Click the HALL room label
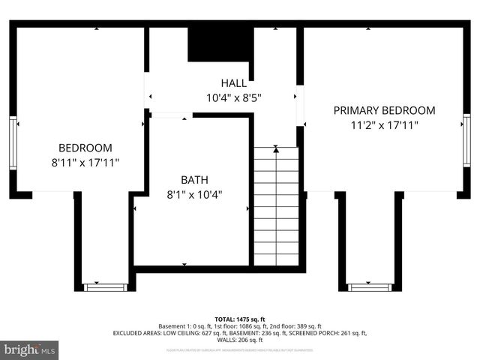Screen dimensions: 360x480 tap(234, 83)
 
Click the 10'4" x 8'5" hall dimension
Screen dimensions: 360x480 tap(234, 97)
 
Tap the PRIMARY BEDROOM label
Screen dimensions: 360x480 tap(384, 110)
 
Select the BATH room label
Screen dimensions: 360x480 tap(194, 180)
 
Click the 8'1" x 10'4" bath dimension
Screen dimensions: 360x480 tap(194, 194)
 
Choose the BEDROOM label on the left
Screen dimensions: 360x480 tap(85, 148)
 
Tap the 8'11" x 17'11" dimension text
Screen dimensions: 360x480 tap(85, 162)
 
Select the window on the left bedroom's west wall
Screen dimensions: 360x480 tap(13, 142)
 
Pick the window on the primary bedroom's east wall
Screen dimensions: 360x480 tap(466, 140)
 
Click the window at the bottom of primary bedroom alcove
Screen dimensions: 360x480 tap(370, 286)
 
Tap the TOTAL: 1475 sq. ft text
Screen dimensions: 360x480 tap(240, 319)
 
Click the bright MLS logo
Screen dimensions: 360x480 tap(30, 349)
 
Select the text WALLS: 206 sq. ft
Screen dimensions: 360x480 tap(240, 340)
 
